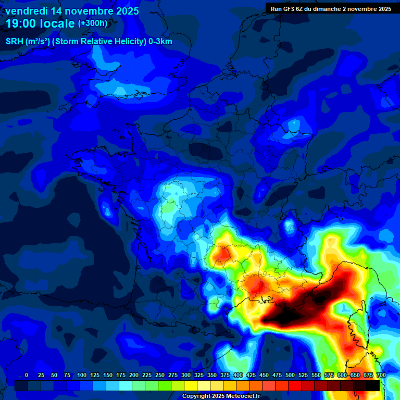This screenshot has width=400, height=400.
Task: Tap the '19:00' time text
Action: (x=21, y=23)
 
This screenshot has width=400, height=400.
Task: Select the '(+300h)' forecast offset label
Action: (x=92, y=23)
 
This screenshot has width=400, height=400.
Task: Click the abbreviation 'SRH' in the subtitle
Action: (x=15, y=42)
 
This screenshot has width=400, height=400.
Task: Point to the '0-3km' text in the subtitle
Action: (x=161, y=42)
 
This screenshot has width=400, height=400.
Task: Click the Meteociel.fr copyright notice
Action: (x=221, y=396)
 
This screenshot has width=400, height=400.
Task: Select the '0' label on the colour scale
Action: (x=27, y=375)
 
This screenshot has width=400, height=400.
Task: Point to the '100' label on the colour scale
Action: (x=82, y=375)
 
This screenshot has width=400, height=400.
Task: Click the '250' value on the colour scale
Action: (x=160, y=375)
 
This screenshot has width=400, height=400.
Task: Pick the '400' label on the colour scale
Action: (x=238, y=375)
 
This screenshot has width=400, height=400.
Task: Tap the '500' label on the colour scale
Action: (x=290, y=375)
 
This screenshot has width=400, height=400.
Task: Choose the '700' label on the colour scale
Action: (x=381, y=375)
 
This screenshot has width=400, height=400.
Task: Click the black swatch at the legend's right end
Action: (x=373, y=385)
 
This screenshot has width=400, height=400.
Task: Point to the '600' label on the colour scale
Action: (x=342, y=375)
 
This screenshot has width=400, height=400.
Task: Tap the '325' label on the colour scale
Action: (x=199, y=375)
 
